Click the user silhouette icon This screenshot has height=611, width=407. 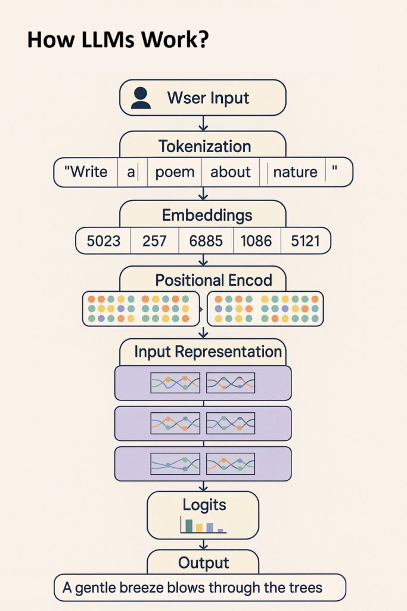pyautogui.click(x=141, y=98)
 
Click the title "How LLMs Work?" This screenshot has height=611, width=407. pyautogui.click(x=118, y=39)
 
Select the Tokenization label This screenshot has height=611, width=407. pyautogui.click(x=204, y=147)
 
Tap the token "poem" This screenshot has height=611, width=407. pyautogui.click(x=175, y=172)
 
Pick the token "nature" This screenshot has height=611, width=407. pyautogui.click(x=296, y=172)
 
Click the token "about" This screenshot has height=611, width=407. pyautogui.click(x=231, y=172)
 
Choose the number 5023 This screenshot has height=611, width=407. pyautogui.click(x=104, y=241)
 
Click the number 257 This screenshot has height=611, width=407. pyautogui.click(x=154, y=241)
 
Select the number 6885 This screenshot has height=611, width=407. pyautogui.click(x=206, y=241)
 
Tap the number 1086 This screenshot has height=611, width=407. pyautogui.click(x=256, y=241)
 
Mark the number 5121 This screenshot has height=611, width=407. pyautogui.click(x=306, y=241)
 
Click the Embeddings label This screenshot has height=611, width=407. pyautogui.click(x=207, y=215)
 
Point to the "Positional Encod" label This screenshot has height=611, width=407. pyautogui.click(x=213, y=280)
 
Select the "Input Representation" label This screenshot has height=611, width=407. pyautogui.click(x=208, y=351)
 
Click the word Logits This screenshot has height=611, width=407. pyautogui.click(x=204, y=505)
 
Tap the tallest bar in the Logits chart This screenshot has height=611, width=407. pyautogui.click(x=189, y=526)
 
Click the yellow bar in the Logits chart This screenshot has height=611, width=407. pyautogui.click(x=199, y=528)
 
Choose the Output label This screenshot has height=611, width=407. pyautogui.click(x=204, y=563)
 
